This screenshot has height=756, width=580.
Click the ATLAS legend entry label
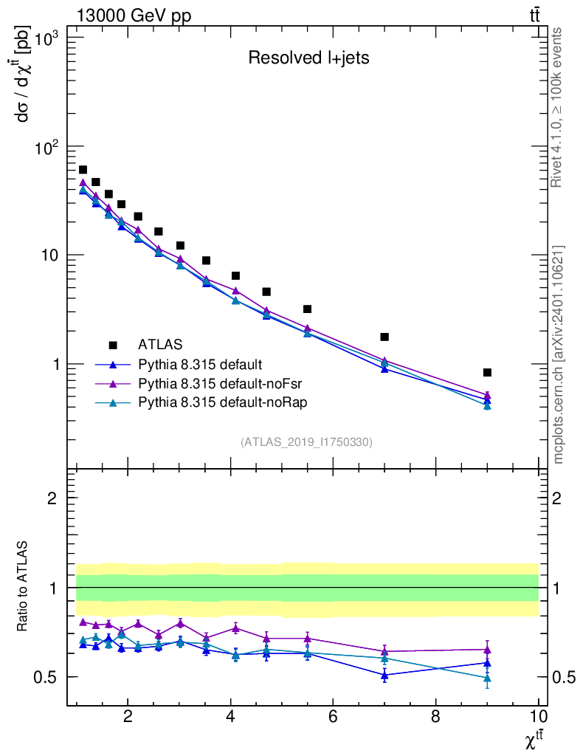click(160, 344)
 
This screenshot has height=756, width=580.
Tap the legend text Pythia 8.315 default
click(200, 364)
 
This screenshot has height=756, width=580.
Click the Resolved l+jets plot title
click(308, 58)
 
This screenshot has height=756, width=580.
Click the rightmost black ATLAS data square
click(487, 373)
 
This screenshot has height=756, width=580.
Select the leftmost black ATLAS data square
click(83, 170)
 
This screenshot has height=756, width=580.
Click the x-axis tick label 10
click(539, 716)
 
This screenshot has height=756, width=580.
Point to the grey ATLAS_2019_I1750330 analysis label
click(306, 442)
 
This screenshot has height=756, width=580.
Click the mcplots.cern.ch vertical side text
click(559, 354)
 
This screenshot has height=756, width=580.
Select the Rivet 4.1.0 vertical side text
click(559, 107)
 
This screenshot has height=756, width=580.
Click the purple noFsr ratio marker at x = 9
click(487, 650)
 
